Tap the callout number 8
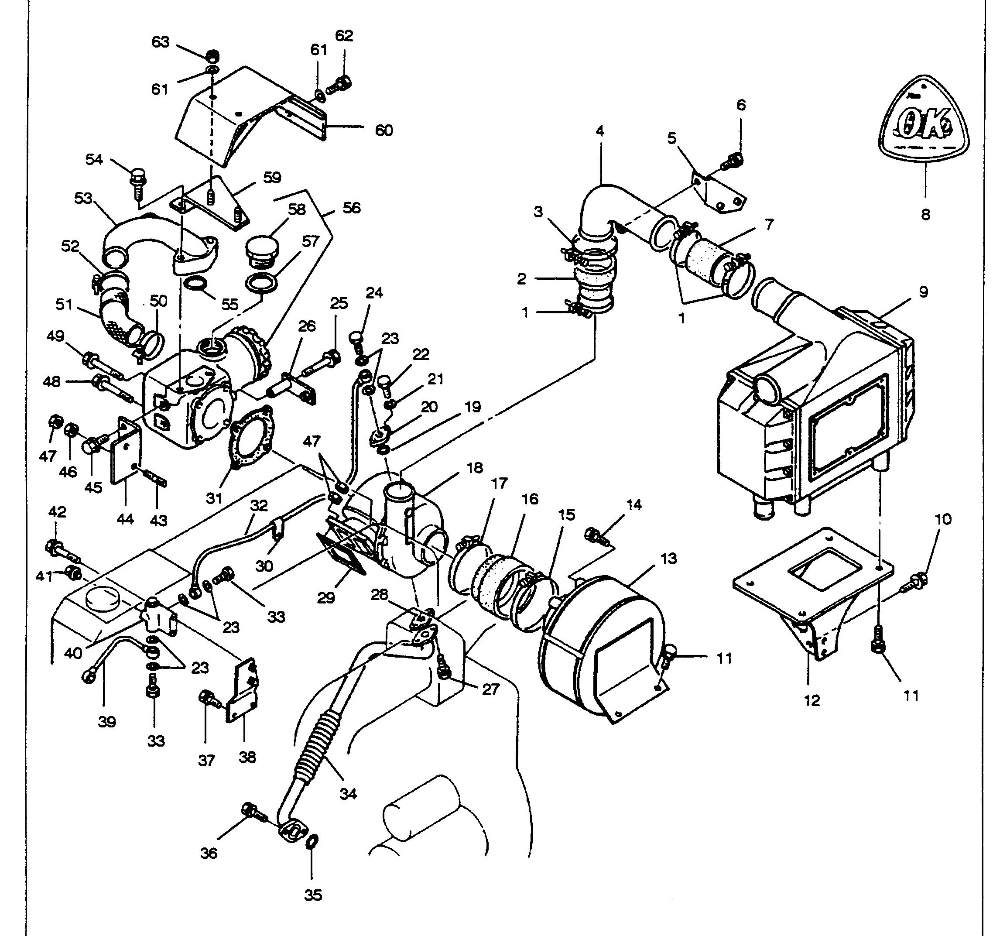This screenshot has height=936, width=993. click(x=925, y=215)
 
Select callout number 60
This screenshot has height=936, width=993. click(x=384, y=131)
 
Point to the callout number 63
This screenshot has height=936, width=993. click(x=161, y=42)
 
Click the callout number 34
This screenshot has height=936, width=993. click(x=348, y=794)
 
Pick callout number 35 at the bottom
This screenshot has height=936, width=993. click(x=313, y=895)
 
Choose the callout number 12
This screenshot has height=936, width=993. click(x=812, y=700)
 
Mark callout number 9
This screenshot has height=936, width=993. click(x=923, y=292)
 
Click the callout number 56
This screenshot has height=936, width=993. click(x=352, y=208)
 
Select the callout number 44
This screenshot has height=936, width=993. click(x=125, y=519)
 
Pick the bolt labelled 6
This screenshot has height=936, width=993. click(x=733, y=161)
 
